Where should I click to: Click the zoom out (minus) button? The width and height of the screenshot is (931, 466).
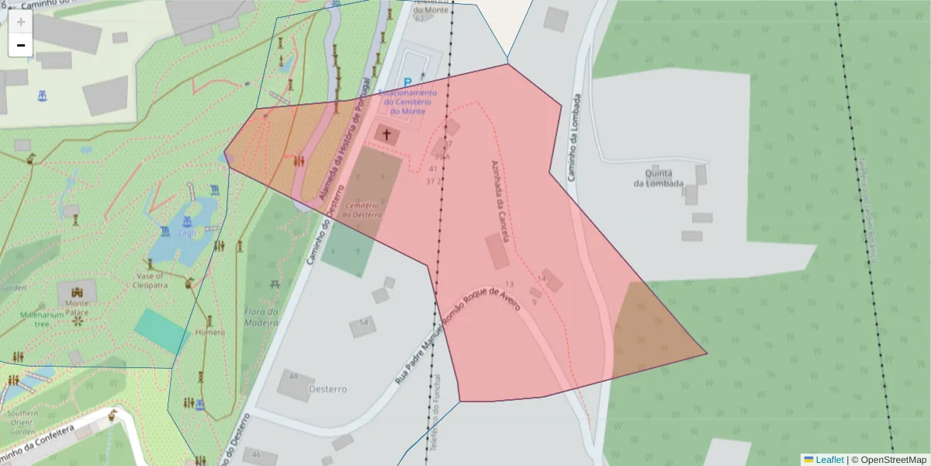coord(21,45)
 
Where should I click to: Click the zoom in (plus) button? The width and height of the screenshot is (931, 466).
coord(21,21)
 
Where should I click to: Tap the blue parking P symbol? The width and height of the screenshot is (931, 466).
coord(408,82)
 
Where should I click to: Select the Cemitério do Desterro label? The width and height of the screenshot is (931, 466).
coord(364,209)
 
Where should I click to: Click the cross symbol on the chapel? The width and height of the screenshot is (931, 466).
coord(386,134)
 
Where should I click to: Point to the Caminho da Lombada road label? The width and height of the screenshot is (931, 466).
coord(576,138)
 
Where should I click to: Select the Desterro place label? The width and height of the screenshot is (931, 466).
coord(327,388)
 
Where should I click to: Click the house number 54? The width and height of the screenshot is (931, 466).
coord(363,322)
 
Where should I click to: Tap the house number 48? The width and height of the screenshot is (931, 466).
coord(293,376)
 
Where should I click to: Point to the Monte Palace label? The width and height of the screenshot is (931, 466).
coord(77,308)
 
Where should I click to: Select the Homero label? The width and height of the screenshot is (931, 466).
coord(210,332)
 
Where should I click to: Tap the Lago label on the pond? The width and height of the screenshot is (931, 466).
coord(188,231)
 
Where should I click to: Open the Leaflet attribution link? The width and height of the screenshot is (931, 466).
coord(829,460)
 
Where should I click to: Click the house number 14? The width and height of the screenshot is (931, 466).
coord(542,278)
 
